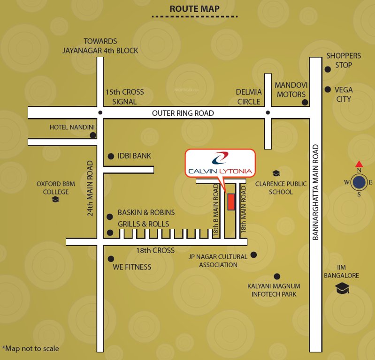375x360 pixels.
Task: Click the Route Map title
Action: coord(194,9)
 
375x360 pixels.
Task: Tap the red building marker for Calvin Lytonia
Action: coord(231,202)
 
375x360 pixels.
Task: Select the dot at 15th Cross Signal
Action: coord(100,112)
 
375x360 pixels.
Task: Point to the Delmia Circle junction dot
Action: coord(268,112)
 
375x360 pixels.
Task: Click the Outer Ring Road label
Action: coord(183,113)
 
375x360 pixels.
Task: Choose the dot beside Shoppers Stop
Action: coord(328,69)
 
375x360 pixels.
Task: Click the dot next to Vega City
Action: coord(328,89)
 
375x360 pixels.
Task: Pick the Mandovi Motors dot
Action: coord(305,102)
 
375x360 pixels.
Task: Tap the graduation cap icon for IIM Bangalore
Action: coord(342,288)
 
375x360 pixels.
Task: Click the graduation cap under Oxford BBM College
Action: coord(55,200)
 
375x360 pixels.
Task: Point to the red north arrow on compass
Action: coord(359,164)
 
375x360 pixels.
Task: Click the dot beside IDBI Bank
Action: coord(111,157)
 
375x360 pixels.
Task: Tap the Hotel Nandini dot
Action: coord(93,135)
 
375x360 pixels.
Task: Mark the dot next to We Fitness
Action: coord(111,259)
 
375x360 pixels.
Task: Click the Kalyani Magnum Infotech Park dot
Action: coord(277,277)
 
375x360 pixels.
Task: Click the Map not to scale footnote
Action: coord(31,348)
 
